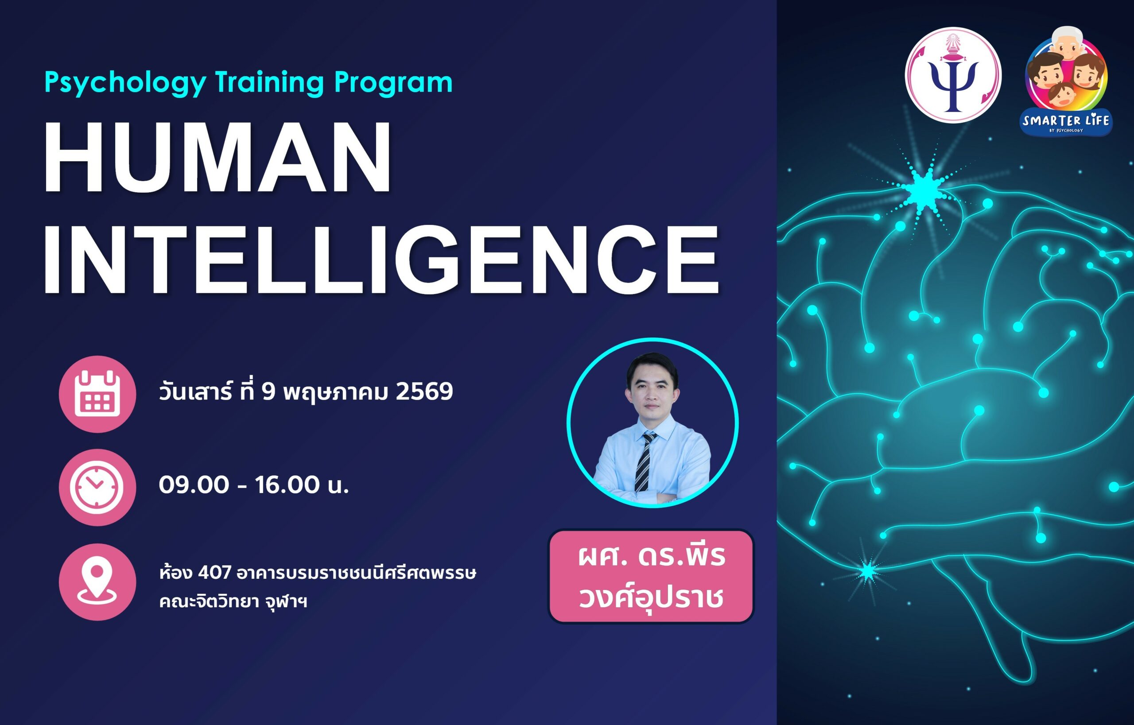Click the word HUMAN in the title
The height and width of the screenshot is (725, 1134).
click(217, 157)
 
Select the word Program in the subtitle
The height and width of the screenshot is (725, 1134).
click(394, 83)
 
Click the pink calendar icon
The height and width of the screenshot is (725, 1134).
click(97, 394)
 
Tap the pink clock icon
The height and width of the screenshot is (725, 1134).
click(97, 487)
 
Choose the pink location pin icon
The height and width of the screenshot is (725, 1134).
click(97, 582)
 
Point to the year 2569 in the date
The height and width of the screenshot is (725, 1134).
click(424, 391)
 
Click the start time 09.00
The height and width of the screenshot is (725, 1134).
click(194, 485)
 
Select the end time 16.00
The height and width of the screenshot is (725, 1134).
click(288, 485)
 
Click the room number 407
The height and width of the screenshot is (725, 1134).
click(214, 573)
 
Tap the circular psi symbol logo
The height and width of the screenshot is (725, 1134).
click(953, 76)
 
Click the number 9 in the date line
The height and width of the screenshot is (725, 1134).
click(268, 391)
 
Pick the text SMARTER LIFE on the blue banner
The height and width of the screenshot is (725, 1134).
click(1066, 120)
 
